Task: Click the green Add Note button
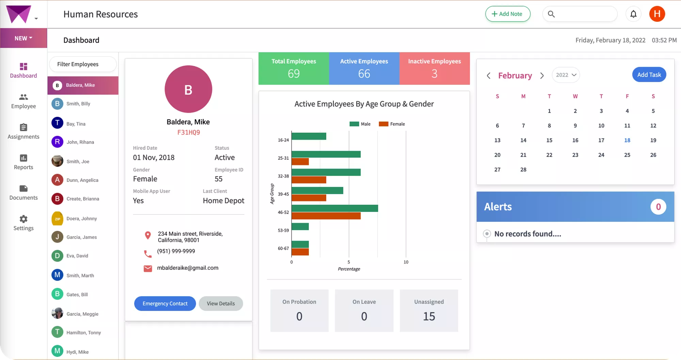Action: tap(507, 14)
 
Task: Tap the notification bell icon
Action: tap(633, 14)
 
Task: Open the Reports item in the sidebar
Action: tap(23, 162)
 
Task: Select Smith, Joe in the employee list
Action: tap(78, 161)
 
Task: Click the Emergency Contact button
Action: tap(165, 303)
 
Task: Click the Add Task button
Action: tap(649, 75)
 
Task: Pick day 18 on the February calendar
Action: tap(627, 140)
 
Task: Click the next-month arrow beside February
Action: tap(542, 76)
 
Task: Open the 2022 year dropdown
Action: tap(566, 75)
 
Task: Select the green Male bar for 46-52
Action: tap(334, 208)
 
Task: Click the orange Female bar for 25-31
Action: tap(300, 161)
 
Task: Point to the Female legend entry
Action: tap(392, 124)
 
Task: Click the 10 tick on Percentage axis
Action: tap(406, 262)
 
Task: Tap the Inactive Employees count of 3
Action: tap(434, 74)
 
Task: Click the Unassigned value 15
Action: tap(429, 316)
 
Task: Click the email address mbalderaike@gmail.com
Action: tap(188, 268)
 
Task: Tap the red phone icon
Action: tap(148, 254)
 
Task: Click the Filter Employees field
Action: tap(83, 64)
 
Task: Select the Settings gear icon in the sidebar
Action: tap(23, 219)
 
